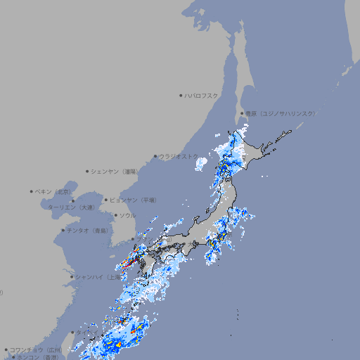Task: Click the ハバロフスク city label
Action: pos(202,95)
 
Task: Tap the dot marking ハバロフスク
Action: pos(181,95)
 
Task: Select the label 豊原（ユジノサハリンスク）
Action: pos(280,113)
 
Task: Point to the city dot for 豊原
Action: pos(242,113)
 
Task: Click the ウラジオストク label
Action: pos(177,156)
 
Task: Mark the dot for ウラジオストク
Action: pos(155,156)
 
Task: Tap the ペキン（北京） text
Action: pos(54,191)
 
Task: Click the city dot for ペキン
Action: pos(32,191)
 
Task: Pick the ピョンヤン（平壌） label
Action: pos(134,200)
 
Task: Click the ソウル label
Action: pos(127,215)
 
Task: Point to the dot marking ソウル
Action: pos(115,215)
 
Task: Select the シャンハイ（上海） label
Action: pos(96,277)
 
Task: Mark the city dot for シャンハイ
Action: pos(72,277)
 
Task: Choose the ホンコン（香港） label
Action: pos(40,357)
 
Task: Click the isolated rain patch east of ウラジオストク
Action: pos(201,163)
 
